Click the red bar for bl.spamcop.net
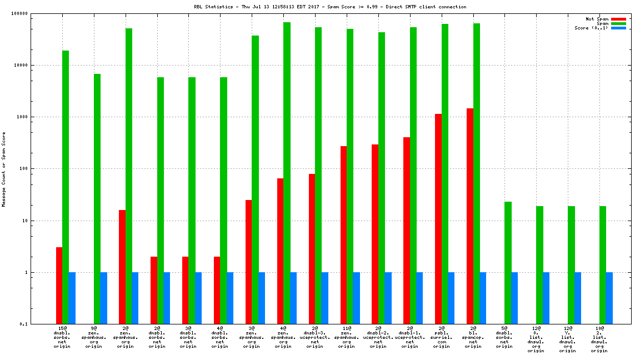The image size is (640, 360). tap(470, 216)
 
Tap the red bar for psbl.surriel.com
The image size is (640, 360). tap(438, 219)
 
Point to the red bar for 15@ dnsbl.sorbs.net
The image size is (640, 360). tap(59, 286)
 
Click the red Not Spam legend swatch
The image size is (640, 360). tap(618, 19)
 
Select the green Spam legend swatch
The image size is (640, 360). tap(618, 23)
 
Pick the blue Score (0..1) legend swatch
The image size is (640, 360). tap(618, 28)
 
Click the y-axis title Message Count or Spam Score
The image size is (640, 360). tap(4, 169)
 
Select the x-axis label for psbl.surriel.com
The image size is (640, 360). tap(442, 337)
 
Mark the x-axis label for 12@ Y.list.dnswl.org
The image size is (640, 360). tap(568, 339)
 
